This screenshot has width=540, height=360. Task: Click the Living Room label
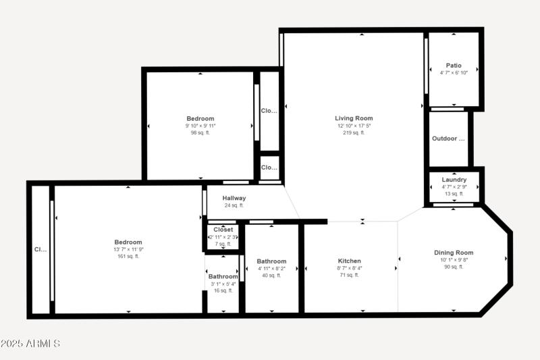[354, 118]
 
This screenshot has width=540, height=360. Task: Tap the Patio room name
[454, 66]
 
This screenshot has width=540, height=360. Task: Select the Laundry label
[454, 180]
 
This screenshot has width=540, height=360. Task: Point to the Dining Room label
[453, 253]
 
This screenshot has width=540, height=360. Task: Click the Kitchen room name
[349, 261]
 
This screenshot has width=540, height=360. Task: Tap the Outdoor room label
[448, 139]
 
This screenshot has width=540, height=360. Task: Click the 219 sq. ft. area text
[354, 132]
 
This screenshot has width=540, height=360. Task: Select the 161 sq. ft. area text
[128, 256]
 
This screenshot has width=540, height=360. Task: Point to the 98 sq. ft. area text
[200, 132]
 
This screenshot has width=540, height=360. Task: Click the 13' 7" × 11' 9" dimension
[128, 249]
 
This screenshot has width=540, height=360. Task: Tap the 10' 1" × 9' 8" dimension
[453, 260]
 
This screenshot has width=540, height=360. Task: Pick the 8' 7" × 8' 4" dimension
[349, 268]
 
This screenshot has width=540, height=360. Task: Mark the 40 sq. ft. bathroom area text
[271, 275]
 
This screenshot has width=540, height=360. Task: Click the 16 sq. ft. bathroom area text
[223, 290]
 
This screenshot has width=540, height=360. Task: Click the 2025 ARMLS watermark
[30, 344]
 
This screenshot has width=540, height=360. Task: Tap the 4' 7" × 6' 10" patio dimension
[454, 72]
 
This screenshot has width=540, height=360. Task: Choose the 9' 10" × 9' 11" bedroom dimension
[200, 126]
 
